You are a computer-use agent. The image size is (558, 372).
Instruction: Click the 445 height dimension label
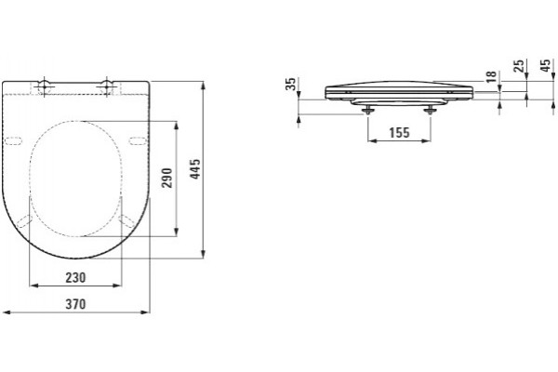pyautogui.click(x=195, y=169)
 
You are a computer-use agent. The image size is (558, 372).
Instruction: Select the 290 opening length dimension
pyautogui.click(x=166, y=178)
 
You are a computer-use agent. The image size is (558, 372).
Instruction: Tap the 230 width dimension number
pyautogui.click(x=75, y=277)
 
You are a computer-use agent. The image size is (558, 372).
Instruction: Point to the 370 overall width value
pyautogui.click(x=75, y=304)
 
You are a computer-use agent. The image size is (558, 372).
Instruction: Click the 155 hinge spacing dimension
pyautogui.click(x=399, y=132)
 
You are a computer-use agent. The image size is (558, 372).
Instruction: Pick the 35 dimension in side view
pyautogui.click(x=291, y=84)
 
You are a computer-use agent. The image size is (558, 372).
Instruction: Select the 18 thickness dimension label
pyautogui.click(x=491, y=76)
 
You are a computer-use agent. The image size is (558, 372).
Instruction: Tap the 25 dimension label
pyautogui.click(x=519, y=65)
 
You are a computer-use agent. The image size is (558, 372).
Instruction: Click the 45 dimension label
pyautogui.click(x=545, y=65)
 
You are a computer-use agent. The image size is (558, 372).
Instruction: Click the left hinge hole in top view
pyautogui.click(x=44, y=86)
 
